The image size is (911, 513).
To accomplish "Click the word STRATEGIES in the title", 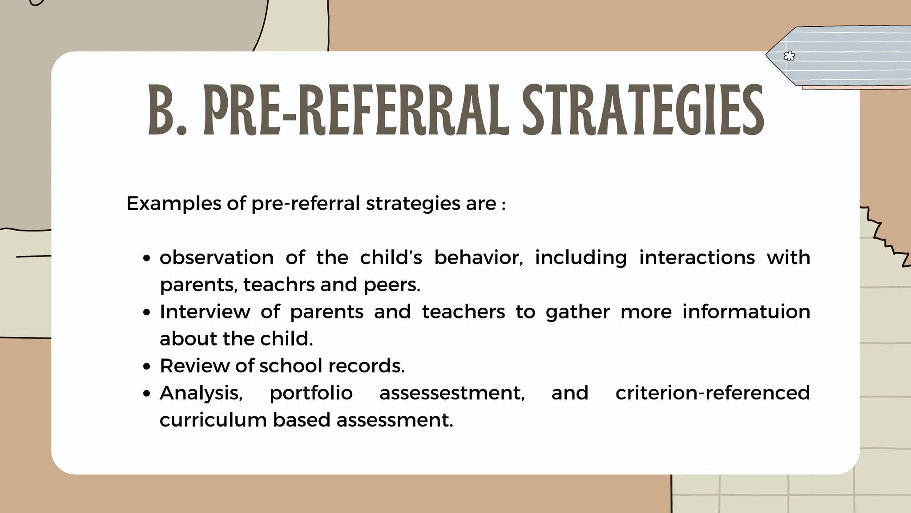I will [x=643, y=110].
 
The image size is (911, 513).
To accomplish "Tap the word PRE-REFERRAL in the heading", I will [x=355, y=110].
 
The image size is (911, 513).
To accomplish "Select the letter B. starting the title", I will [x=167, y=110].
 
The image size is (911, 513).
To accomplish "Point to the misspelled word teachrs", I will [x=278, y=285].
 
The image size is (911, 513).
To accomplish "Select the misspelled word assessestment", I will [x=452, y=393].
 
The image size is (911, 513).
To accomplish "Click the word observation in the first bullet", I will [x=217, y=257].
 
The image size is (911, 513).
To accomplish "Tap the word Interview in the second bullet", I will [x=205, y=312].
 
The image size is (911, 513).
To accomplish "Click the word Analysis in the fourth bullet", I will [x=201, y=393].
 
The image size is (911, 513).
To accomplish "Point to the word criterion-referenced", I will [x=713, y=393].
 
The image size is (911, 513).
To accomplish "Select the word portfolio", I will [x=311, y=393].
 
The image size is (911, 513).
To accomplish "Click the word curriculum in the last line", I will [x=213, y=420].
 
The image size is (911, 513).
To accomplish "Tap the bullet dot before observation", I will [x=148, y=259].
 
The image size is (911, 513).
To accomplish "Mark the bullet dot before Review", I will [x=148, y=367].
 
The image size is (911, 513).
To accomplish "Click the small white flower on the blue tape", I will [x=789, y=56].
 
